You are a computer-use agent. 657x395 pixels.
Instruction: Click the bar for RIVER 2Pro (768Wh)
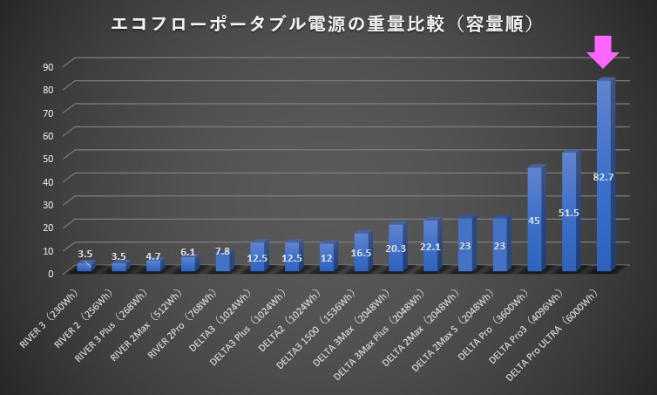click(223, 262)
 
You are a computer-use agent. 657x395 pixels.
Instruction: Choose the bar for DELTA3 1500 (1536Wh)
click(361, 254)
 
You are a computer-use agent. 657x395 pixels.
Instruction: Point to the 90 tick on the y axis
click(48, 66)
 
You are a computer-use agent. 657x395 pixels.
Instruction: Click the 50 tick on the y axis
click(48, 158)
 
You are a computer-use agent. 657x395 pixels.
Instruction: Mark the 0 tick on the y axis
click(51, 272)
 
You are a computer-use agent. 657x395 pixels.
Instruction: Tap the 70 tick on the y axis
click(48, 112)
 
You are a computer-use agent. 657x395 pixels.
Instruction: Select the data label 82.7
click(604, 177)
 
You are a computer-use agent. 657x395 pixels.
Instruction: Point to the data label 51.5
click(569, 213)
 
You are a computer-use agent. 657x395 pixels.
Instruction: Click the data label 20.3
click(396, 248)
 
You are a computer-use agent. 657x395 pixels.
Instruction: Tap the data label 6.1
click(188, 251)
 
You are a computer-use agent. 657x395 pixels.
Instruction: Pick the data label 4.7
click(154, 256)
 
